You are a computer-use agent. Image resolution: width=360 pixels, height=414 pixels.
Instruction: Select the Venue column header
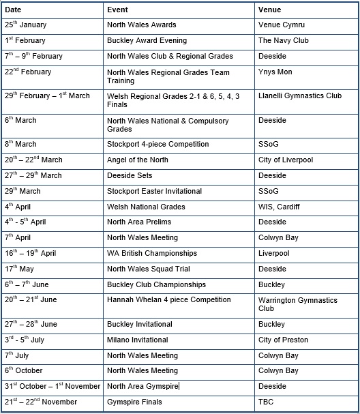pyautogui.click(x=269, y=10)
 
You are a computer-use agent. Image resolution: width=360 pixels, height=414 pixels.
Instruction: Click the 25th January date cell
pyautogui.click(x=26, y=25)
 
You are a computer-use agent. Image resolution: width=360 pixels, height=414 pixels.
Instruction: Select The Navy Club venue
pyautogui.click(x=284, y=41)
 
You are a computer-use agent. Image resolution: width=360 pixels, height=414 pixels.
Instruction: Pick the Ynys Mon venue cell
pyautogui.click(x=275, y=72)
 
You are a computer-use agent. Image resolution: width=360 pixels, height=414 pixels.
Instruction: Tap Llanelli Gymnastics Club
pyautogui.click(x=300, y=96)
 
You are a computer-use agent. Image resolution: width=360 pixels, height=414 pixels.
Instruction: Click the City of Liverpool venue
pyautogui.click(x=286, y=160)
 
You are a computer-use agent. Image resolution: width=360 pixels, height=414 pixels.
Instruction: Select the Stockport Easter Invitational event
pyautogui.click(x=155, y=192)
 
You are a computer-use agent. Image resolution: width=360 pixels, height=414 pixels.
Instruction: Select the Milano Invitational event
pyautogui.click(x=139, y=340)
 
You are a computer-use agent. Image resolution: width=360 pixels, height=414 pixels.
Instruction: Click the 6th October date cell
pyautogui.click(x=25, y=371)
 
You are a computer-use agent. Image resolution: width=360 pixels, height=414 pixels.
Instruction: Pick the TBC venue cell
pyautogui.click(x=266, y=402)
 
